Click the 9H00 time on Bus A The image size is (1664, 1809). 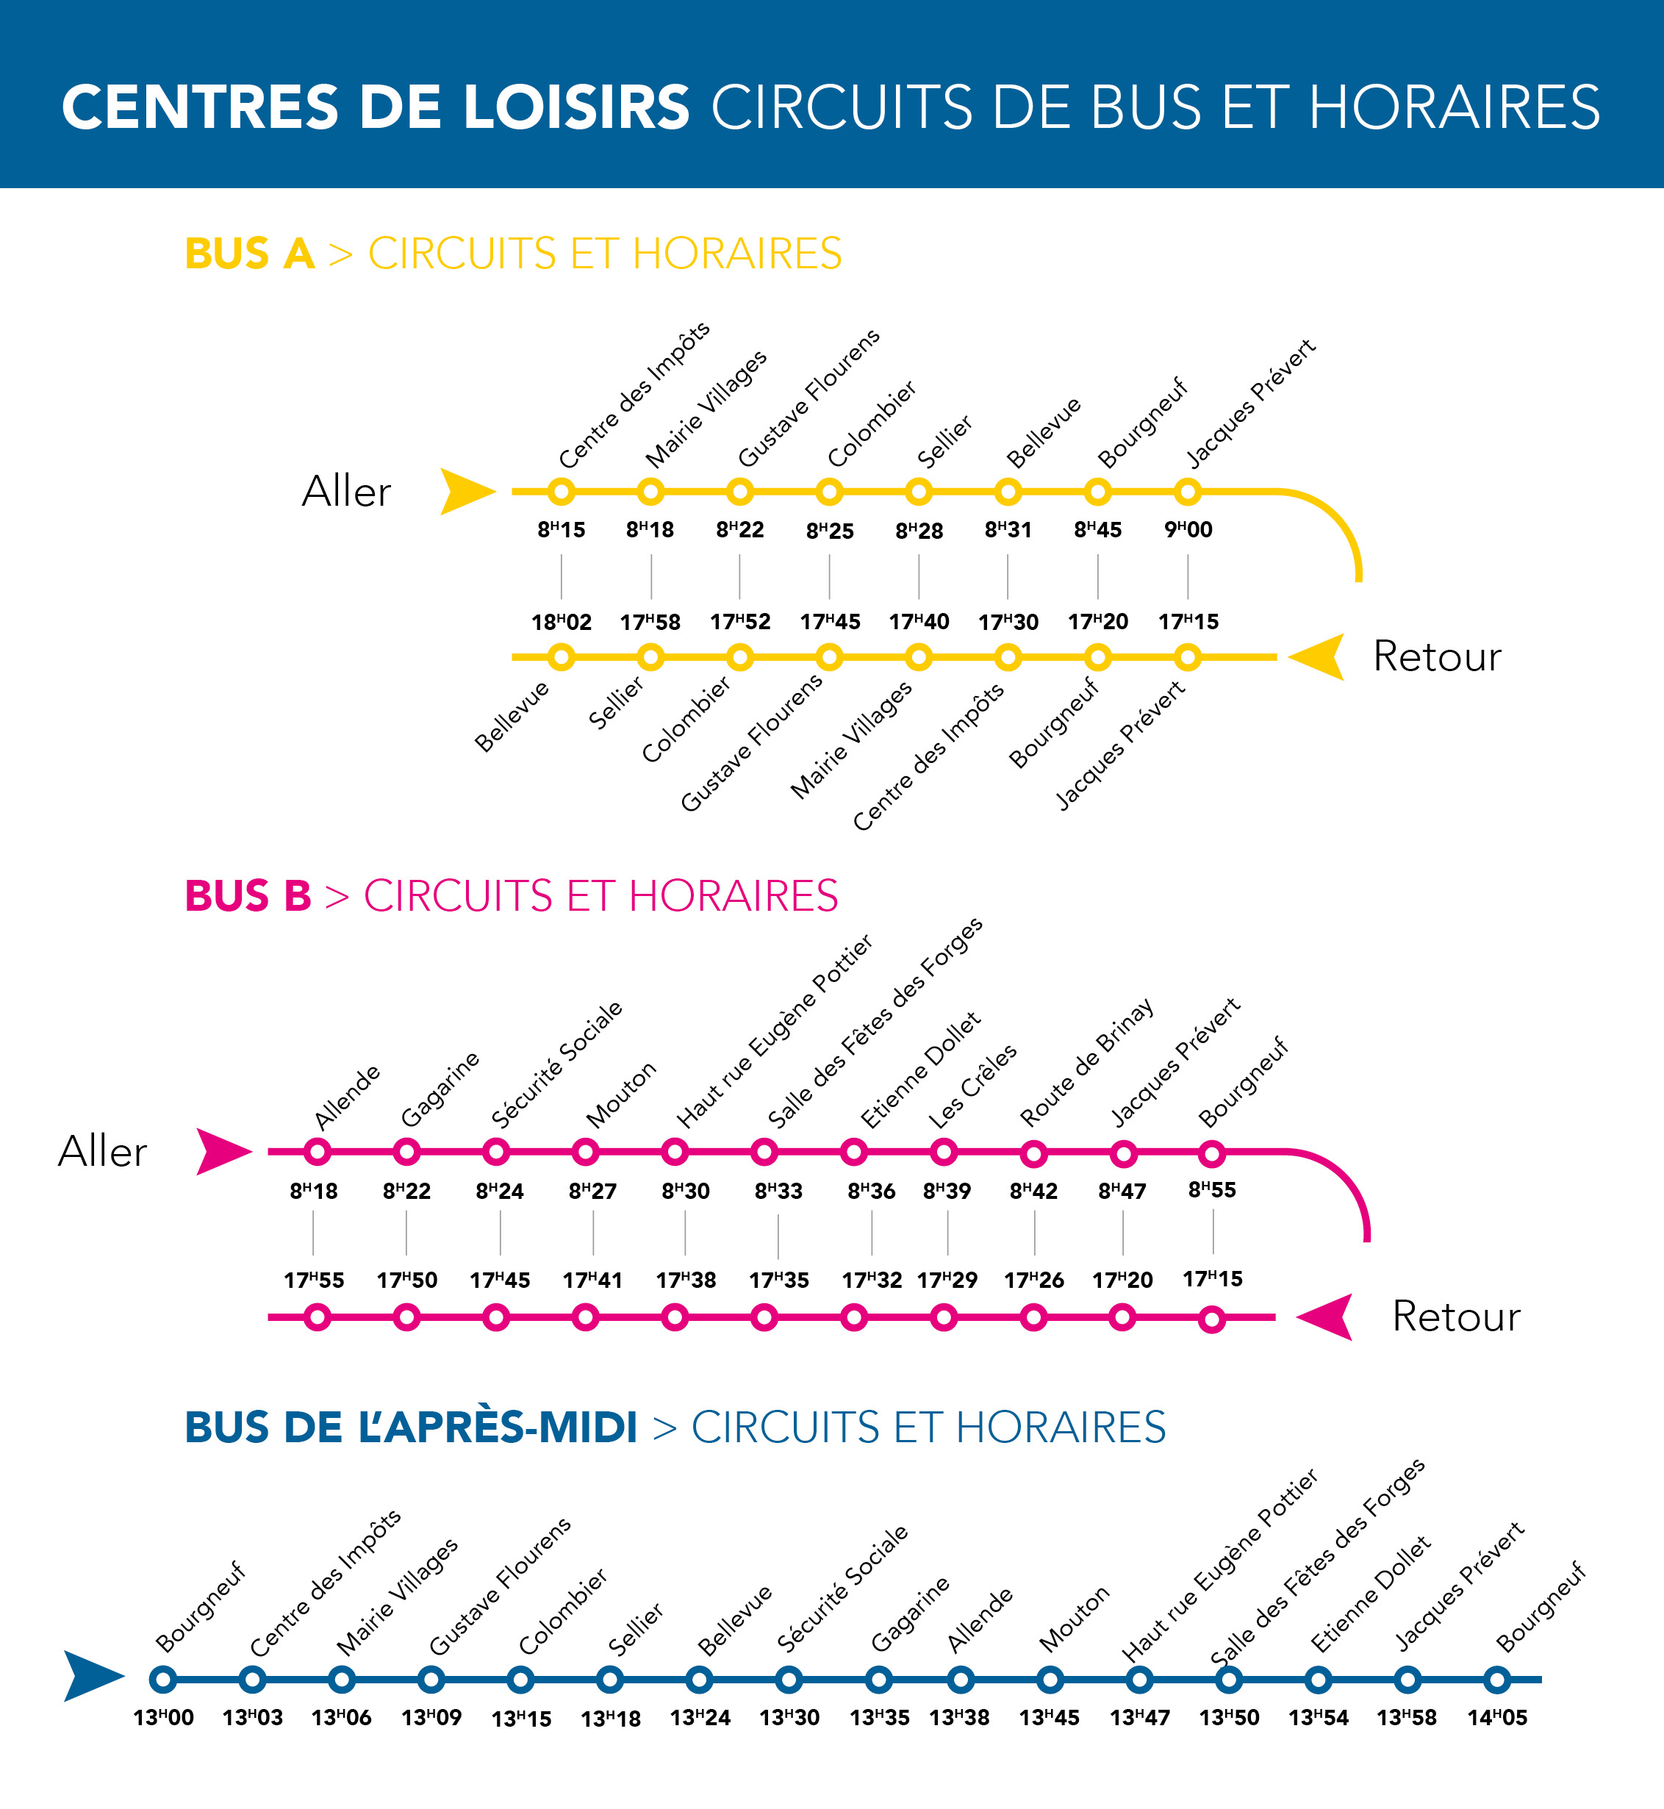(x=1188, y=529)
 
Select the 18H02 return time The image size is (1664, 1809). (x=561, y=622)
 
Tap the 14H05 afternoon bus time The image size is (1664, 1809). (x=1496, y=1718)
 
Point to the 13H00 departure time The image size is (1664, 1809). (x=163, y=1718)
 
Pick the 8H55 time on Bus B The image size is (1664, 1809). (x=1212, y=1189)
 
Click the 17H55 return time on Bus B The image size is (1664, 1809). (x=313, y=1280)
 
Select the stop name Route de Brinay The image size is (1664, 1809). (x=1086, y=1062)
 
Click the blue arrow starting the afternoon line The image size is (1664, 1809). (x=93, y=1676)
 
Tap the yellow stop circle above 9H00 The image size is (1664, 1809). (x=1188, y=492)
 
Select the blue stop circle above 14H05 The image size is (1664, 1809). (x=1496, y=1680)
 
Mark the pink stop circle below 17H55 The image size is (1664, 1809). (x=317, y=1318)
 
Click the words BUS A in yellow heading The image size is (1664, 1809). (x=249, y=254)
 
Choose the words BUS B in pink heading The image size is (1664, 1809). (x=248, y=896)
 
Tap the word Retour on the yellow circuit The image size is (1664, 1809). (x=1437, y=656)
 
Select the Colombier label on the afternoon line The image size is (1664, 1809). (x=563, y=1612)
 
